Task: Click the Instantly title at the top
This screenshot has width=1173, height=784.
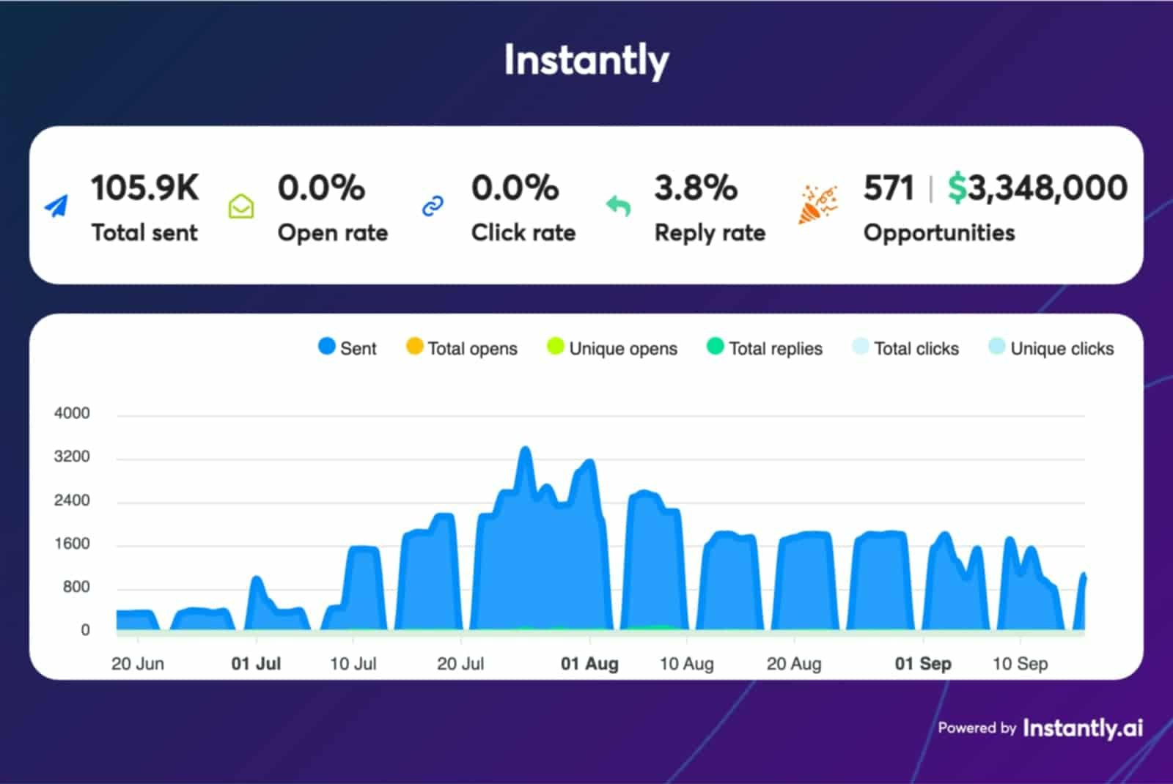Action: (586, 60)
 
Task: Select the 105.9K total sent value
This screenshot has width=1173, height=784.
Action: (144, 188)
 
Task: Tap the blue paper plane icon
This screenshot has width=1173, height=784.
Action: (56, 207)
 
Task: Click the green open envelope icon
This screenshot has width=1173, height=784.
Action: (241, 207)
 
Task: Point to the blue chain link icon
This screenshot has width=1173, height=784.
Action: (433, 207)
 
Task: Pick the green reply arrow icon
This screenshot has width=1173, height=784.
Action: (618, 206)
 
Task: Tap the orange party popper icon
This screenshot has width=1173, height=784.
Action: (817, 204)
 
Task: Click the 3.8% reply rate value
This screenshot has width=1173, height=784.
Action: (695, 188)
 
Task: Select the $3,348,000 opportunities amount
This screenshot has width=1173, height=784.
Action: (1037, 188)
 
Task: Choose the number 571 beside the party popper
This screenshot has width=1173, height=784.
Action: (888, 188)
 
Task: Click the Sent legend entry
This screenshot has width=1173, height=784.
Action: (348, 348)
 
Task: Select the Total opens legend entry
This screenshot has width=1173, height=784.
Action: (462, 348)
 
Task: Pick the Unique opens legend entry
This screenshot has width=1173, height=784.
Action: (612, 348)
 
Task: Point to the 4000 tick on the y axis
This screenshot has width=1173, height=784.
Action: (72, 413)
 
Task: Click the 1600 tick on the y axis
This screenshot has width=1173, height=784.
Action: (72, 544)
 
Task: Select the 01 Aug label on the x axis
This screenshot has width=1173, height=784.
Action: (589, 664)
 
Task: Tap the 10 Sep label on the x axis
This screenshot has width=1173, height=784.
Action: (1020, 664)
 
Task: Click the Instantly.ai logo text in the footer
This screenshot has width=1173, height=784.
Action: (1082, 728)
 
